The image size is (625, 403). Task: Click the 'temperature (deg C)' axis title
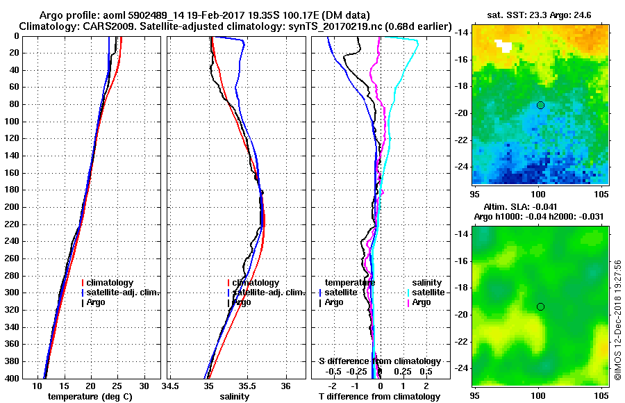click(90, 396)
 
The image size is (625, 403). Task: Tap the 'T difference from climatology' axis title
click(379, 396)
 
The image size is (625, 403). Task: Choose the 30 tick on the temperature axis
click(144, 386)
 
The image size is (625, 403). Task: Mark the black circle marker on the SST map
click(540, 105)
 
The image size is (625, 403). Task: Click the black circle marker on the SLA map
click(540, 306)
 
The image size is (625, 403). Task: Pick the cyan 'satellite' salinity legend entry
click(426, 293)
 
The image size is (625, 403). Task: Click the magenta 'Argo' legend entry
click(421, 302)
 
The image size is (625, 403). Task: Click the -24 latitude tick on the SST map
click(462, 167)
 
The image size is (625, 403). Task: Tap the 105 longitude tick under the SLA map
click(601, 394)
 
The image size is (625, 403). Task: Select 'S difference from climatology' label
click(379, 361)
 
